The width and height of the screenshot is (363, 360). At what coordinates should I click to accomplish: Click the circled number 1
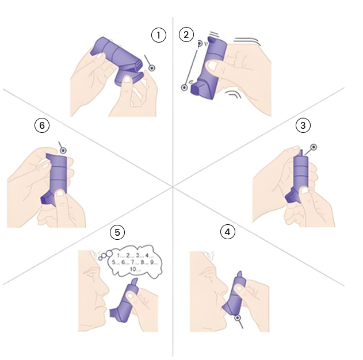(x=159, y=35)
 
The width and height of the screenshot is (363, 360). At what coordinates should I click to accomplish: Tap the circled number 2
(x=186, y=35)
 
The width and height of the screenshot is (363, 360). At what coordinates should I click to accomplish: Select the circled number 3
(x=303, y=125)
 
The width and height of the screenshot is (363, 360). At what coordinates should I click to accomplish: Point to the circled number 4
(x=228, y=232)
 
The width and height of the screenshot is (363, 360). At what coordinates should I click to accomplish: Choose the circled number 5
(x=117, y=232)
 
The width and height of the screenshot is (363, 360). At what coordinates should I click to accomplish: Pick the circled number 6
(x=42, y=125)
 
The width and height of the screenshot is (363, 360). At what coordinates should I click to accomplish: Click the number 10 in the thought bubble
(x=133, y=269)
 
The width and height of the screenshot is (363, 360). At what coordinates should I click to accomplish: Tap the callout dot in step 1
(x=152, y=68)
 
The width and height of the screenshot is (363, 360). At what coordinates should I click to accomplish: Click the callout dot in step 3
(x=314, y=147)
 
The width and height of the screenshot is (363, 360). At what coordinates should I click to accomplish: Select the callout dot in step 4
(x=238, y=318)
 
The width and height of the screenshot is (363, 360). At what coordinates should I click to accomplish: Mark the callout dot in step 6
(x=63, y=151)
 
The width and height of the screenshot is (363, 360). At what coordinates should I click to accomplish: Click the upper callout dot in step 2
(x=200, y=43)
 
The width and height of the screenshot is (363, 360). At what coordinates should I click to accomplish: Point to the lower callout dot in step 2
(x=184, y=87)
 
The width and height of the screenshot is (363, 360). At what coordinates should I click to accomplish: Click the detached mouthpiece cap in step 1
(x=129, y=79)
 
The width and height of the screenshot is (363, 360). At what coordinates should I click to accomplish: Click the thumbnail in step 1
(x=127, y=79)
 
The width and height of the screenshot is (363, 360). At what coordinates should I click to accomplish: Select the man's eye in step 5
(x=92, y=275)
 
